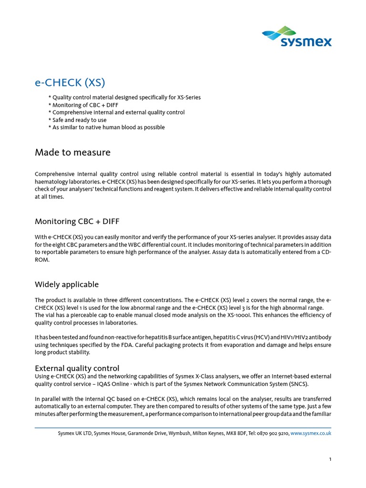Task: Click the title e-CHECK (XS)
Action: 70,82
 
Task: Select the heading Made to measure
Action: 72,152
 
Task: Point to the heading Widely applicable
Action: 67,285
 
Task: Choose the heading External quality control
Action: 77,368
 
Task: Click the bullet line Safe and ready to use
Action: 77,120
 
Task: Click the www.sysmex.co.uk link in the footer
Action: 311,433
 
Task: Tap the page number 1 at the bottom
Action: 330,459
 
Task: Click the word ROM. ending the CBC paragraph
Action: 42,260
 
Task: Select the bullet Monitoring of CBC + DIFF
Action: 83,105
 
